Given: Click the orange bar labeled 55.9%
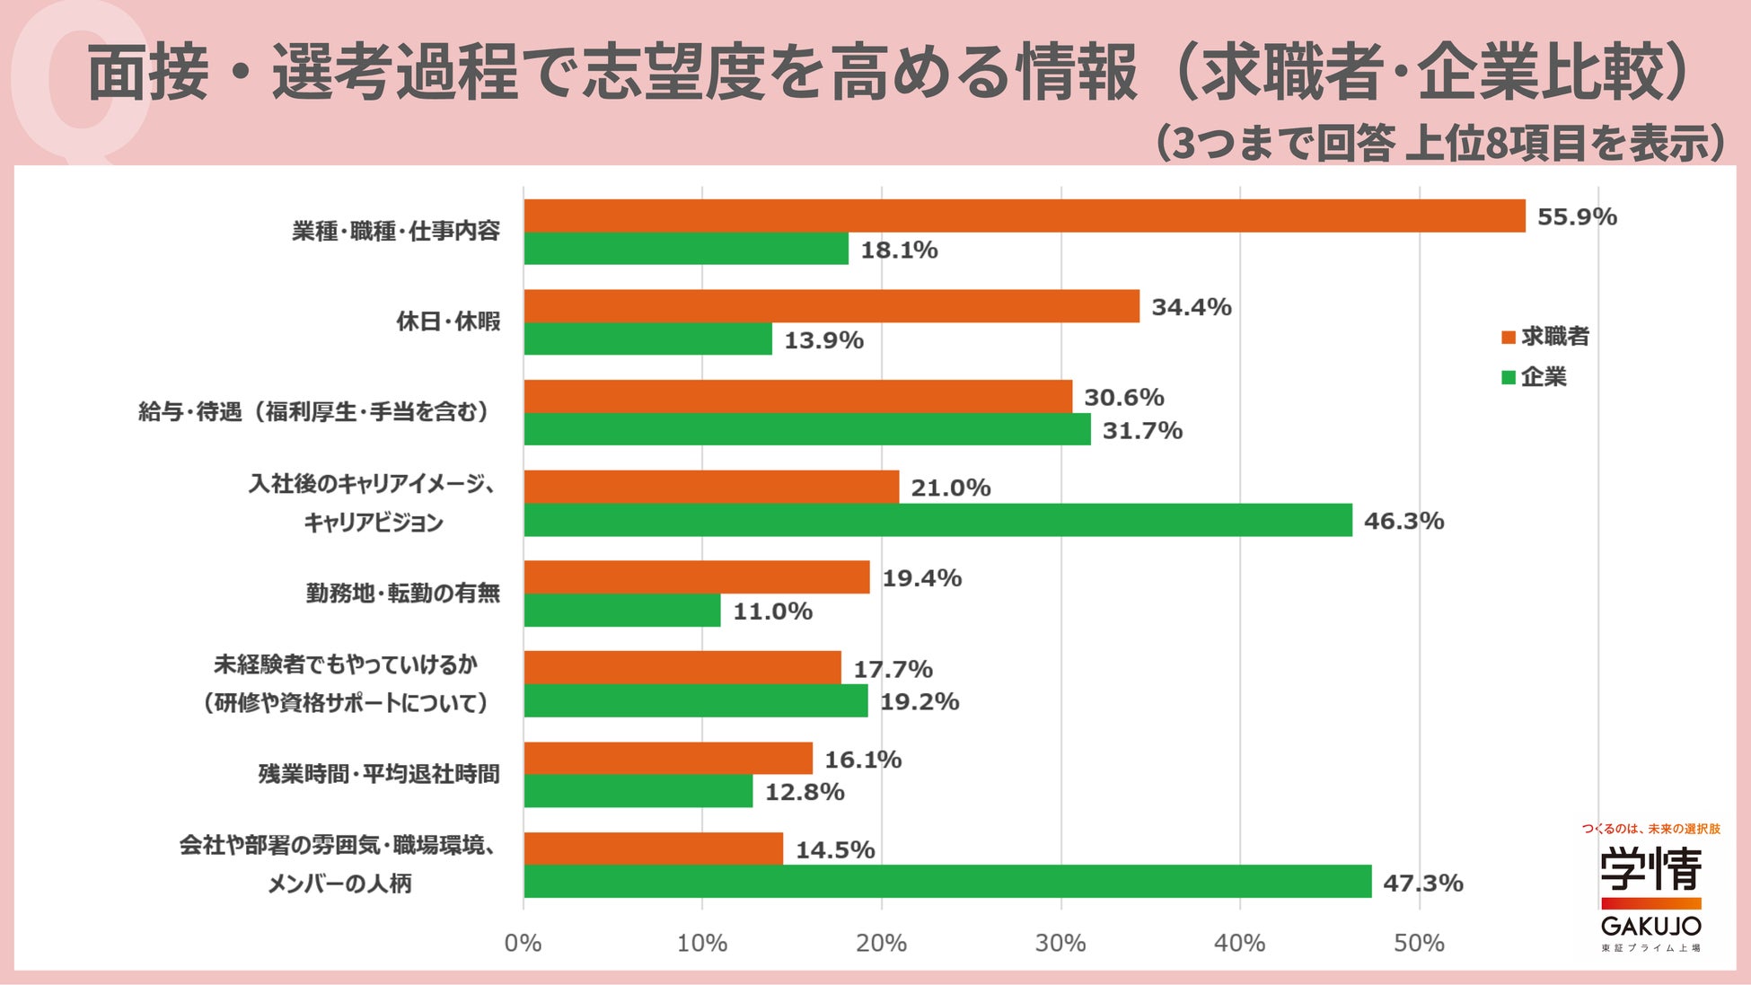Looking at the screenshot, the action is coord(1025,215).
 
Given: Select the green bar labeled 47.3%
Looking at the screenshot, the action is coord(947,881).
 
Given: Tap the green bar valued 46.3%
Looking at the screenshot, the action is coord(938,520).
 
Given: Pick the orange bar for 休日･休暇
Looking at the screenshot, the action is coord(832,306).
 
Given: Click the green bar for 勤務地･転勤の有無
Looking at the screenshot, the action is coord(622,611).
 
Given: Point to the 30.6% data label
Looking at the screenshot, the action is coord(1124,397).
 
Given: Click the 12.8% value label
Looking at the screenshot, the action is coord(805,792).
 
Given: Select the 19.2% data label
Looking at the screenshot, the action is coord(919,701).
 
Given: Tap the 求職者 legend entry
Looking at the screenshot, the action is coord(1545,337).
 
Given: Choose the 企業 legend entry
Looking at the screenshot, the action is coord(1534,377).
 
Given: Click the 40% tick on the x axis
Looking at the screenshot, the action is coord(1240,943).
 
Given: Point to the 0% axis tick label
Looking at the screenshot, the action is coord(524,943).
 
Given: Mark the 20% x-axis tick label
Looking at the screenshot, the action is coord(882,943).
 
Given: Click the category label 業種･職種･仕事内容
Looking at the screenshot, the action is coord(396,232).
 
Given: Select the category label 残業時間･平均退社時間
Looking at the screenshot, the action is coord(379,774).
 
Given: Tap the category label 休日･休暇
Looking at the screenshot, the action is coord(449,321).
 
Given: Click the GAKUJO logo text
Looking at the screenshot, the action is coord(1651,926).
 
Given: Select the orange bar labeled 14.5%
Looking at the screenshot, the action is coord(654,849).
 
